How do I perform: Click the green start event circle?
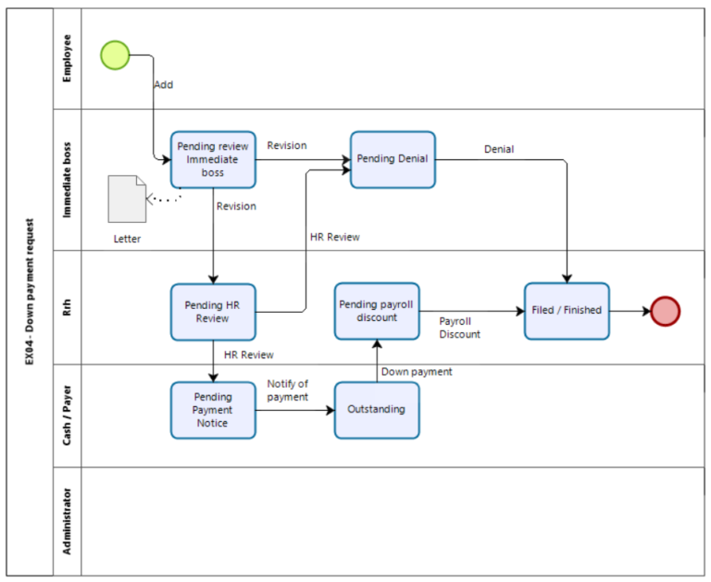coord(115,55)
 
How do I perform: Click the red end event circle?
coord(665,311)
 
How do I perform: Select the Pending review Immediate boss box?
coord(213,159)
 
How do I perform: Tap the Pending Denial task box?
coord(393,158)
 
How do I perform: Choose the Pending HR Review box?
coord(213,312)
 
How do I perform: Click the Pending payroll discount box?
coord(377,311)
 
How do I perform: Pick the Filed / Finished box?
coord(567,310)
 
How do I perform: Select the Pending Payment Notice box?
coord(213,410)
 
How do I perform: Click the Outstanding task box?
coord(376,409)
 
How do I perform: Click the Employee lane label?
coord(67,58)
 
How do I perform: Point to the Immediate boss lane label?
coord(67,179)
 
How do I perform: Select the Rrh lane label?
coord(67,306)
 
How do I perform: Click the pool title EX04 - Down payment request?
coord(30,292)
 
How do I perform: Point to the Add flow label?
coord(163,85)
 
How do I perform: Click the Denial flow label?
coord(499,149)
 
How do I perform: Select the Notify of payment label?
coord(288,390)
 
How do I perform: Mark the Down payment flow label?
coord(417,372)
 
